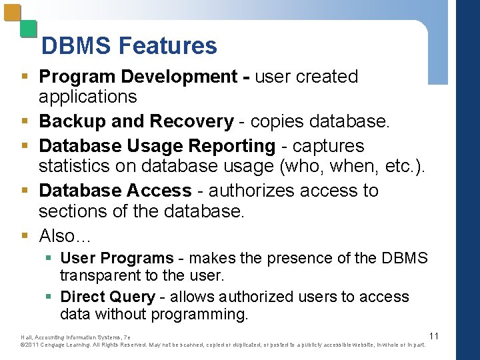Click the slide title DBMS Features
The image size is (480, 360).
pos(129,45)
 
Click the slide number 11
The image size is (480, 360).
pos(433,335)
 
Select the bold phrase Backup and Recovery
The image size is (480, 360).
pos(136,121)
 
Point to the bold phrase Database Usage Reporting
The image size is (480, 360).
pos(157,145)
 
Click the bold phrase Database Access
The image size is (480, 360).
pos(115,190)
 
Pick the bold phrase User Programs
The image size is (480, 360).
pos(117,258)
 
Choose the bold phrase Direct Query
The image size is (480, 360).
pos(107,297)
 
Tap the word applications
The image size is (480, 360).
pos(87,97)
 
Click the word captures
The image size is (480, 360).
pos(328,145)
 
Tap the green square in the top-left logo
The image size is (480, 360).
pos(28,29)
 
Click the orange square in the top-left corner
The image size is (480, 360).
pos(12,13)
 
